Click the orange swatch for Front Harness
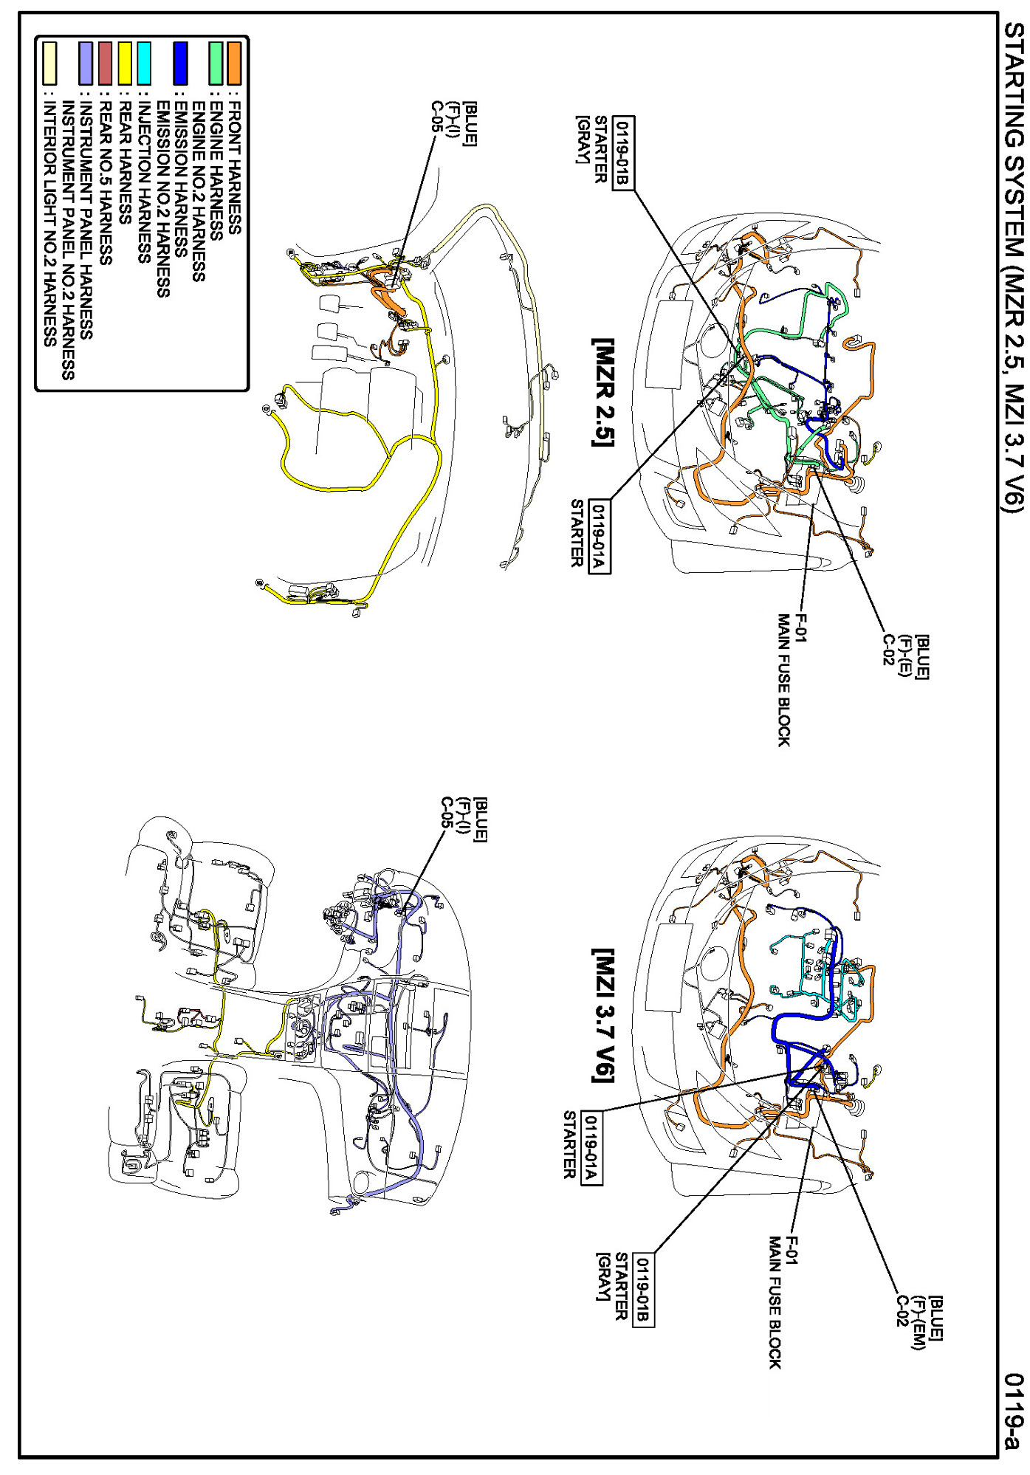click(234, 63)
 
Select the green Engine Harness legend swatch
click(216, 63)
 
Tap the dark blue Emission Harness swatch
click(180, 63)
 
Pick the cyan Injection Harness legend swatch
click(144, 63)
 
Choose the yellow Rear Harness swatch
click(126, 63)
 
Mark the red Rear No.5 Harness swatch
click(106, 63)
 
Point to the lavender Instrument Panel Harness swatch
click(86, 63)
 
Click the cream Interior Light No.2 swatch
click(49, 63)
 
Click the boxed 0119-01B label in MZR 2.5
click(624, 153)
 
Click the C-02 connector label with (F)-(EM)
click(902, 1310)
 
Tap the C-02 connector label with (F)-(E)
click(889, 650)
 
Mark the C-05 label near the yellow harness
click(436, 117)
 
